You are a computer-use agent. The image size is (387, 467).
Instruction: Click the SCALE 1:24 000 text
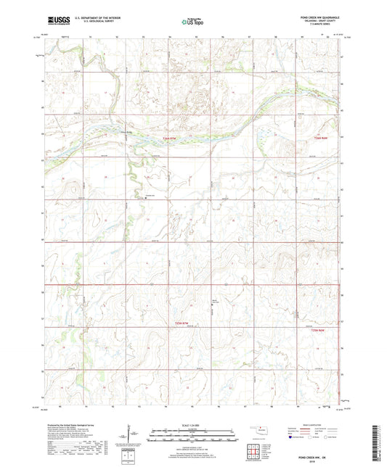coord(192,425)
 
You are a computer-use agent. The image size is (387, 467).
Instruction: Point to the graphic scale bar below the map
coord(192,437)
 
